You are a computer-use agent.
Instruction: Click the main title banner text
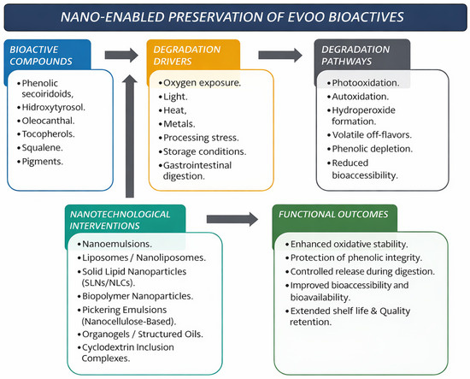[x=232, y=17]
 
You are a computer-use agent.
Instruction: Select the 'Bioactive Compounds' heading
[x=41, y=56]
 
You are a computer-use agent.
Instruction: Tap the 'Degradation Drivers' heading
[x=187, y=56]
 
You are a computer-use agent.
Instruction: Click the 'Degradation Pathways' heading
[x=355, y=56]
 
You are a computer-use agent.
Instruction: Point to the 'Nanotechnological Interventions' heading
[x=120, y=220]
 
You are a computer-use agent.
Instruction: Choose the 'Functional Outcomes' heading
[x=333, y=214]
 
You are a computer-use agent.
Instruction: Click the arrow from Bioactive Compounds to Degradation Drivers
[x=121, y=56]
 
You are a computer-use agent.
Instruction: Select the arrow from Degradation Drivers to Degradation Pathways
[x=280, y=56]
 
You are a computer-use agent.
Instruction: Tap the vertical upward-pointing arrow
[x=130, y=136]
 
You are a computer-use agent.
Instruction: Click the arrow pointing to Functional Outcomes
[x=232, y=219]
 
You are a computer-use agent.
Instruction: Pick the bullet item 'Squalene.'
[x=40, y=148]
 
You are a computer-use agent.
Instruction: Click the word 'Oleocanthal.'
[x=48, y=121]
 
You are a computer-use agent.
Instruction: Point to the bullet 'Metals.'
[x=177, y=124]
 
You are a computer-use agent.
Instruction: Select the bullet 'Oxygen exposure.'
[x=200, y=83]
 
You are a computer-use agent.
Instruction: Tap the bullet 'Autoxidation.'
[x=358, y=97]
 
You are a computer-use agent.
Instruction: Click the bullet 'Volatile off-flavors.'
[x=369, y=135]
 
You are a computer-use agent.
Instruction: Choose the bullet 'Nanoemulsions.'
[x=115, y=244]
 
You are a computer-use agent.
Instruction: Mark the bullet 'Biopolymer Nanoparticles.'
[x=135, y=296]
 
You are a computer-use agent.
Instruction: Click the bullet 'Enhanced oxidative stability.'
[x=347, y=245]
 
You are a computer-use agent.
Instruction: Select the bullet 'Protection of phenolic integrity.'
[x=354, y=258]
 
